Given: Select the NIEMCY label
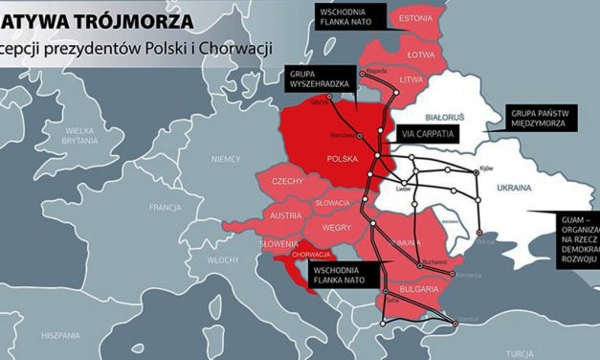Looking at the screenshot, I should click(226, 158).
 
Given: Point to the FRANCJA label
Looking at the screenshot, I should click(165, 207).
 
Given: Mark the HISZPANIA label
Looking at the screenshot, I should click(59, 336).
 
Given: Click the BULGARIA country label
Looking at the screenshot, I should click(418, 287).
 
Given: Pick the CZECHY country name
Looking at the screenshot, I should click(288, 181).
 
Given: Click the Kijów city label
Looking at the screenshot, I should click(485, 169).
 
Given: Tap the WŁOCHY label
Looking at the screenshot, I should click(223, 259).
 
